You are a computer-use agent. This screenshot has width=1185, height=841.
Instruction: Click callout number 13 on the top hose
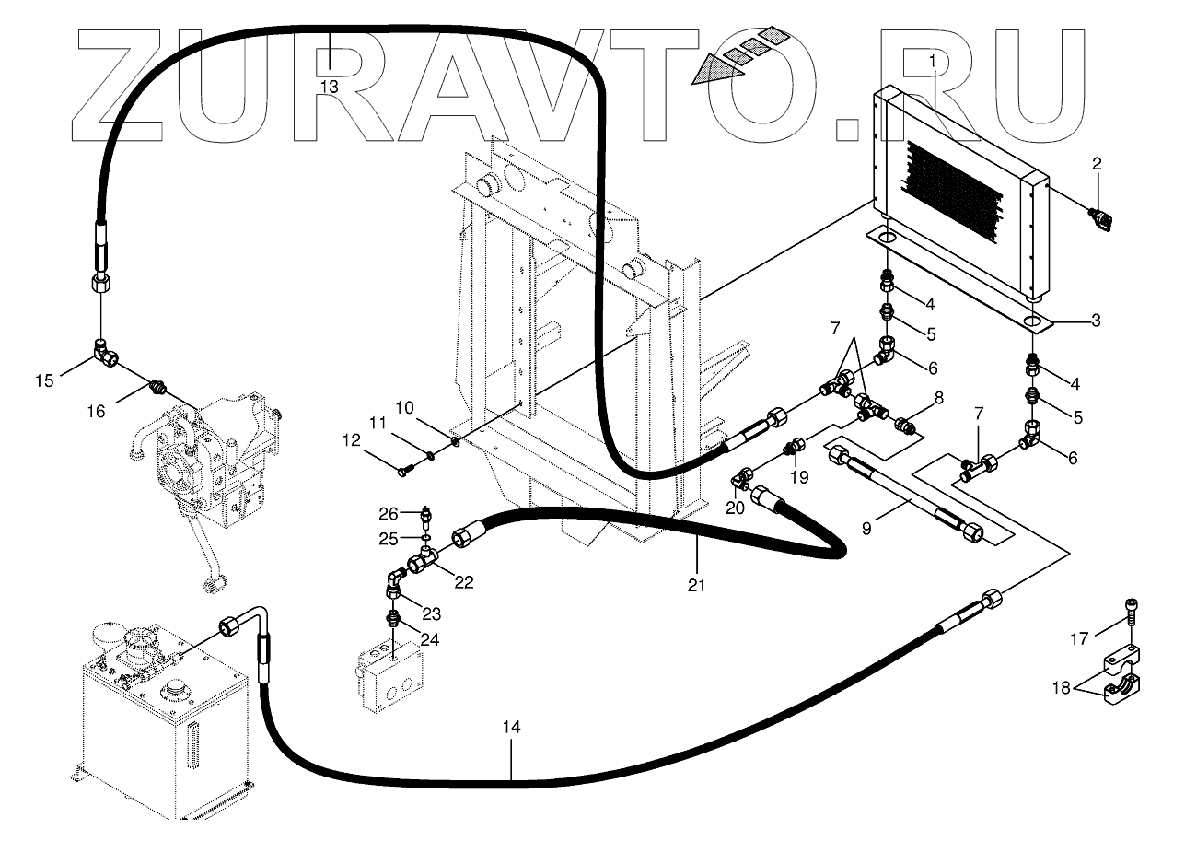click(330, 86)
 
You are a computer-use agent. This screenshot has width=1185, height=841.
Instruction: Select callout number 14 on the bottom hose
click(512, 728)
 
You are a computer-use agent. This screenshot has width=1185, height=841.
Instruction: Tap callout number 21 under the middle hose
click(697, 584)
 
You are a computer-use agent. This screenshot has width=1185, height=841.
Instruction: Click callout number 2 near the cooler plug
click(1097, 165)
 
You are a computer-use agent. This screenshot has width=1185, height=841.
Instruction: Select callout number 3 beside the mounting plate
click(1096, 321)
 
